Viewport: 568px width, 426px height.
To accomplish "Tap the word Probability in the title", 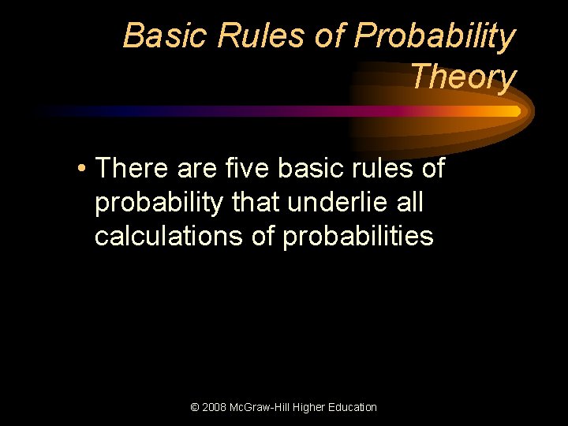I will pos(435,35).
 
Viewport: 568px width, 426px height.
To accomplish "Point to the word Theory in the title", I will pos(463,77).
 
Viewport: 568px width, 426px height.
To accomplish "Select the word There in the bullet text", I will pos(131,168).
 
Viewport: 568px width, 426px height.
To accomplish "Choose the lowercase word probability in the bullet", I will pos(159,203).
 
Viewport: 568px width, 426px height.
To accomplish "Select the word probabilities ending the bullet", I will pos(358,236).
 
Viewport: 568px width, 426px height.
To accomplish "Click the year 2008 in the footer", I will pos(215,407).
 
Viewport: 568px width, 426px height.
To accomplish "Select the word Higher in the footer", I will pos(315,407).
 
